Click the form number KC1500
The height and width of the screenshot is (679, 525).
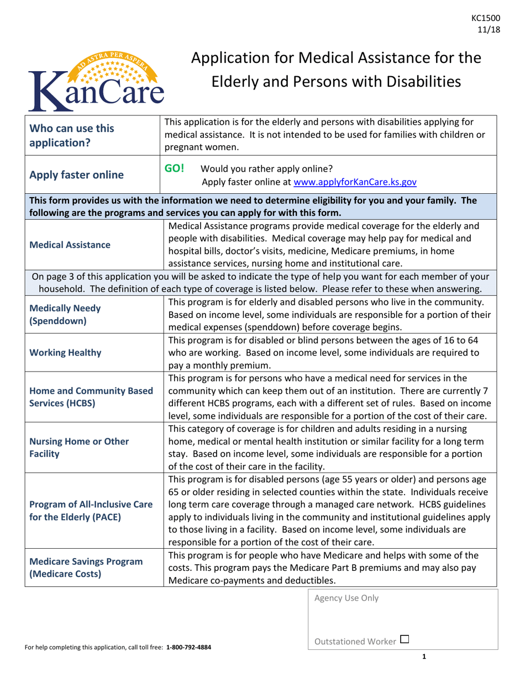tap(489, 19)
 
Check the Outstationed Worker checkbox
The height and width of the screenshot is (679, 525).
tap(405, 639)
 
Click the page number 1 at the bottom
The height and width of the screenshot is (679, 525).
tap(424, 656)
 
